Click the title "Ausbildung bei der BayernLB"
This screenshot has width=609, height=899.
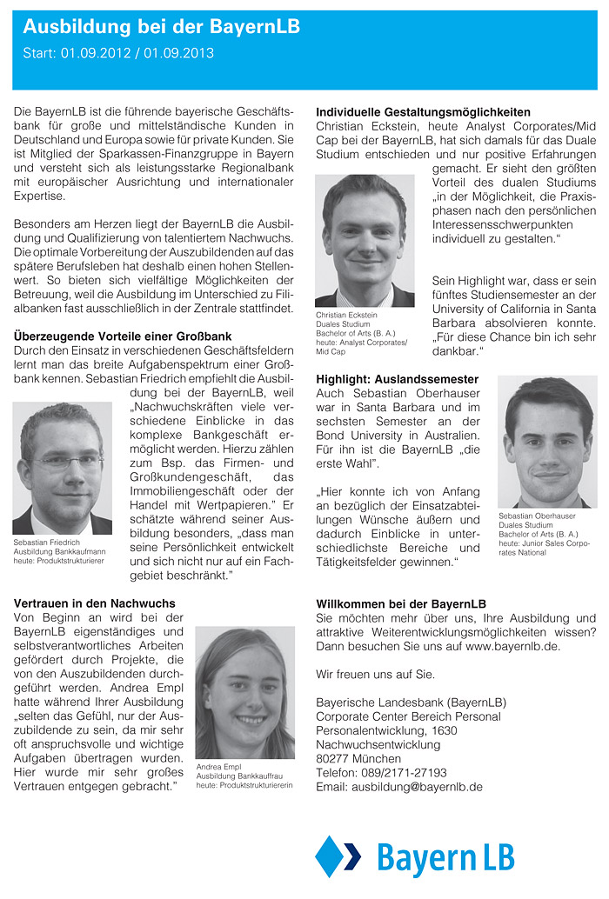click(x=161, y=28)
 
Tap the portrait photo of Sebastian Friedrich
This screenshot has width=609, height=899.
click(x=62, y=468)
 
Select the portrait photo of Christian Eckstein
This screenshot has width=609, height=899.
click(x=364, y=240)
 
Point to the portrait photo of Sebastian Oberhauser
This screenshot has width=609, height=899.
click(x=547, y=442)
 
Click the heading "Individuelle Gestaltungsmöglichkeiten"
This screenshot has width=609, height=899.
click(x=423, y=112)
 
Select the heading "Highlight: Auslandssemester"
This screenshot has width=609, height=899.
click(x=397, y=379)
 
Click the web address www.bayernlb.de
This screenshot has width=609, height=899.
click(x=512, y=646)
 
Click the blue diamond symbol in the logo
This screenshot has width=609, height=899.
click(x=331, y=856)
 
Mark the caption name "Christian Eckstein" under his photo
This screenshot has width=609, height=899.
click(x=346, y=315)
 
